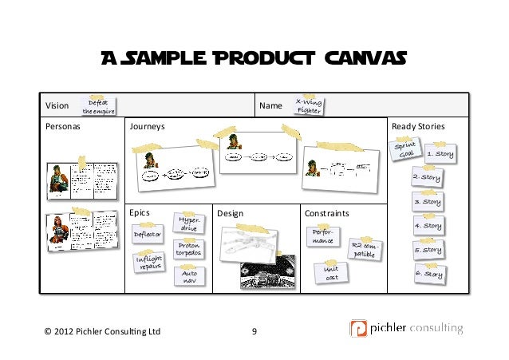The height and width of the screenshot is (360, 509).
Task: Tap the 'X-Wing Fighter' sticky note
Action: tap(309, 106)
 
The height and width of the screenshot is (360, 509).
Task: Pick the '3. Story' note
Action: tap(428, 201)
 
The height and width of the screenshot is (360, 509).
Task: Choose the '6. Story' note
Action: tap(428, 274)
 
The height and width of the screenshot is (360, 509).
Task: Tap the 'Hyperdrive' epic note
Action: tap(189, 224)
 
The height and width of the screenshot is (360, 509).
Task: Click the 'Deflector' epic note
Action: tap(148, 235)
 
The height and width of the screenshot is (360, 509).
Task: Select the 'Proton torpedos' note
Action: tap(189, 249)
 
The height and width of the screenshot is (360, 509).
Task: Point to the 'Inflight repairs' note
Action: tap(148, 263)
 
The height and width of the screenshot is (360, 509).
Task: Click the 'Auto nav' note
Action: tap(190, 276)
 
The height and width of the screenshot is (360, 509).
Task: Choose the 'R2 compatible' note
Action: tap(364, 250)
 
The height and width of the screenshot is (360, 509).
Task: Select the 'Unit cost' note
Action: tap(331, 274)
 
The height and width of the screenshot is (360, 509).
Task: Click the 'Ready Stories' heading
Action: tap(417, 127)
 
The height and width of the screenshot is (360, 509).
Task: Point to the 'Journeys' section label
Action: tap(148, 127)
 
